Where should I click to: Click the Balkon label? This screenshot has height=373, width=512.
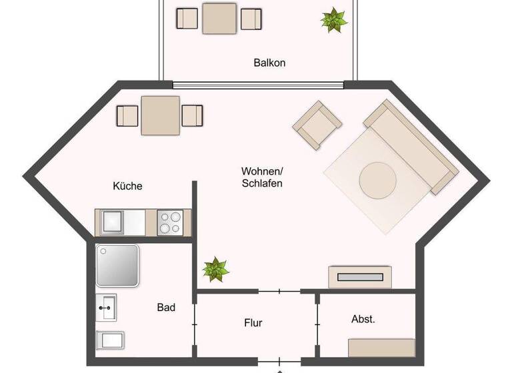tap(269, 63)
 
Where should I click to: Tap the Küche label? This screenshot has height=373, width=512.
tap(127, 186)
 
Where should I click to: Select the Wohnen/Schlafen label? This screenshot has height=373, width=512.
tap(262, 177)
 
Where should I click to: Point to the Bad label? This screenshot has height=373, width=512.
tap(166, 308)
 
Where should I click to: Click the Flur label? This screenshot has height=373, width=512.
tap(253, 324)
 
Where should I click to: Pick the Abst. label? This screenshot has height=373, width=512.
tap(363, 320)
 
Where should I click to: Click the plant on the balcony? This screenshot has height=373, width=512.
tap(333, 20)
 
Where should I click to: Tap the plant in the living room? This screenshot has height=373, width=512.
tap(215, 269)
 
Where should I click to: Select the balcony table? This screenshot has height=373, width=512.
tap(219, 18)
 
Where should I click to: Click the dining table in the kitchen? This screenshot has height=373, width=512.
tap(160, 115)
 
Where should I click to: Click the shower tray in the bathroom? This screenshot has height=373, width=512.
tap(117, 265)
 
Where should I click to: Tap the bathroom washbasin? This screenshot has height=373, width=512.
tap(107, 308)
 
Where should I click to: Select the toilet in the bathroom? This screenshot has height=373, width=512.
tap(110, 341)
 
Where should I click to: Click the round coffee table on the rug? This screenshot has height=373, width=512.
tap(378, 180)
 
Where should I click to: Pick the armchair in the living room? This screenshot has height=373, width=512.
tap(317, 125)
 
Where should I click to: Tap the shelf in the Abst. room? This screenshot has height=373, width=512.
tap(381, 348)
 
